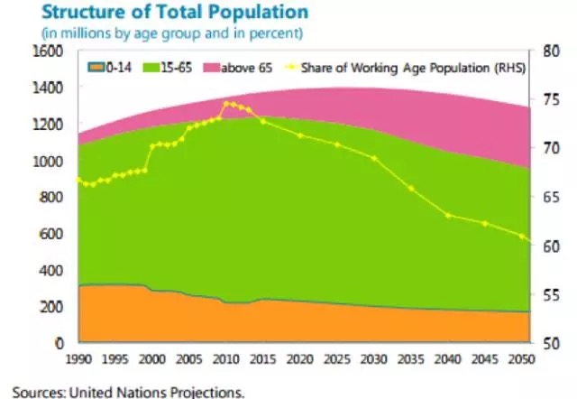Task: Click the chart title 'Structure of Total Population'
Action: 160,13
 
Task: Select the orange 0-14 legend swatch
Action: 95,68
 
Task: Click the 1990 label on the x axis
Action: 79,359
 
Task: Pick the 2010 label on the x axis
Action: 224,359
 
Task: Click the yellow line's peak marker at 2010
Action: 225,103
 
